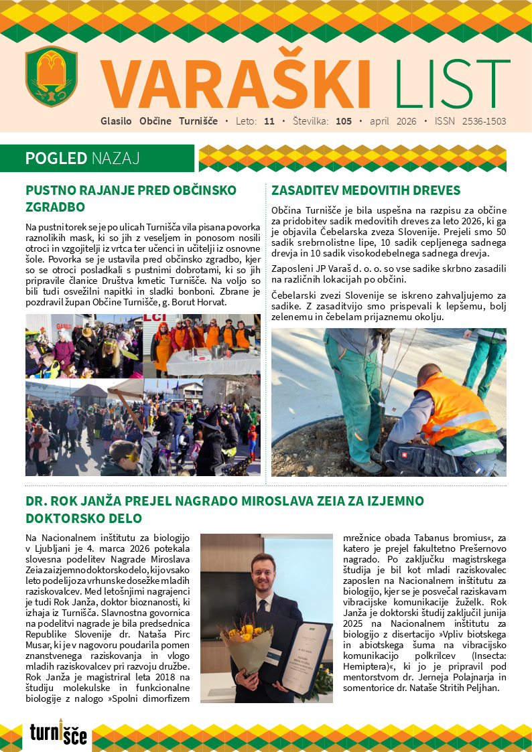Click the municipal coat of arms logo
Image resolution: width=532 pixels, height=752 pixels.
[x=52, y=75]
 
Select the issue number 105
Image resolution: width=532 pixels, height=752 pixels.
[x=344, y=122]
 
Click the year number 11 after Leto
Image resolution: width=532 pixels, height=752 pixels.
[x=269, y=122]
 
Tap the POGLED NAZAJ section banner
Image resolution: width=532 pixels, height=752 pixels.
[x=82, y=159]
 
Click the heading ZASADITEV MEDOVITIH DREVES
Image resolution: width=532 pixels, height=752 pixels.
[x=366, y=190]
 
